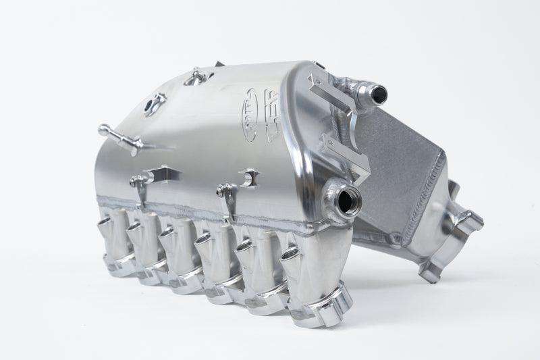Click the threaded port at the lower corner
pyautogui.click(x=346, y=199)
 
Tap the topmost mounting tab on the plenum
pyautogui.click(x=195, y=76)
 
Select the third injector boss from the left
pyautogui.click(x=169, y=236)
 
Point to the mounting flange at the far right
pyautogui.click(x=466, y=223)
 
